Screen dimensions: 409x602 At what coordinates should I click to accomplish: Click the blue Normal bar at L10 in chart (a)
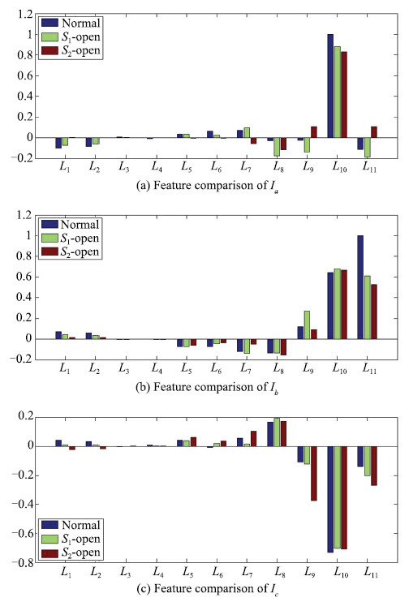point(330,86)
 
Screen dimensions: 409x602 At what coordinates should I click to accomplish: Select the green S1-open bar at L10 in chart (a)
point(337,92)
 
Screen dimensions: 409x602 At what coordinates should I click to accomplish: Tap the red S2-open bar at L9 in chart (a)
point(314,132)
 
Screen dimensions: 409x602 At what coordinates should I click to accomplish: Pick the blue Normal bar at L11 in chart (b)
point(360,287)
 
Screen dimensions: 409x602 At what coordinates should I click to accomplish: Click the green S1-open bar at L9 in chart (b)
point(307,325)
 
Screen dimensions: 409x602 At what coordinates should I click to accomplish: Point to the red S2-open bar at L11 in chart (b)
point(373,312)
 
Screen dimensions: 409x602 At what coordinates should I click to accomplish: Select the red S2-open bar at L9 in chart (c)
point(314,473)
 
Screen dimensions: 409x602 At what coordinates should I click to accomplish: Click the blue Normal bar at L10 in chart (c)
point(330,500)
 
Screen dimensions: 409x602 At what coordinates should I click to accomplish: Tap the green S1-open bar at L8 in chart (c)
point(277,432)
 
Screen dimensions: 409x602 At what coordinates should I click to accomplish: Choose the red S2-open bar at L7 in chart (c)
point(253,439)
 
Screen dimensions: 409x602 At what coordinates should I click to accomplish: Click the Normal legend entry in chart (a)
point(71,23)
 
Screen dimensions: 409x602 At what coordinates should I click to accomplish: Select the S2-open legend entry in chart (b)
point(71,252)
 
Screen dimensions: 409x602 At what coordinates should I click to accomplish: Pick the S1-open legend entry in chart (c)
point(71,539)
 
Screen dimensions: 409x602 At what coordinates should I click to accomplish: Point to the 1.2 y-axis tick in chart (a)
point(25,14)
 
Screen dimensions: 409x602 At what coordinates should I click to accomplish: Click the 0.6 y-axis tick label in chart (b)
point(25,277)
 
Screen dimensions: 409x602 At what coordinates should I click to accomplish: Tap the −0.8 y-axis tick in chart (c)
point(23,562)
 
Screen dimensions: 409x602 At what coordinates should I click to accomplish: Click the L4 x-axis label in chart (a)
point(157,166)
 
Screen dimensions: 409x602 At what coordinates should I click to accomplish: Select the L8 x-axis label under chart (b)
point(279,368)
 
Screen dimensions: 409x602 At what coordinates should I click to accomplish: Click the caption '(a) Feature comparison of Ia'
point(208,187)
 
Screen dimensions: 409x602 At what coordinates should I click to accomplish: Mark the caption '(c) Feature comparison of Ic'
point(208,588)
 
